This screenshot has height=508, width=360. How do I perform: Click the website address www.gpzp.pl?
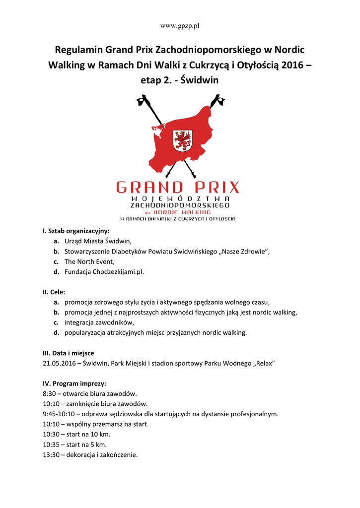(x=180, y=25)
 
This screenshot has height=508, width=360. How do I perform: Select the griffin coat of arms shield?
(x=182, y=140)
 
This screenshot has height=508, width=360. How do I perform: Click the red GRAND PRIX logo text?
(x=178, y=187)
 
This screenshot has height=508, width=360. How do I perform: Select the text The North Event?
(x=89, y=261)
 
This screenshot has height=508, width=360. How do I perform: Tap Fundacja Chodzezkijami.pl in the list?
(x=104, y=272)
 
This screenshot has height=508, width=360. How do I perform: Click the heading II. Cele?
(x=54, y=292)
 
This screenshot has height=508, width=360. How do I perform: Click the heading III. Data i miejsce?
(x=69, y=353)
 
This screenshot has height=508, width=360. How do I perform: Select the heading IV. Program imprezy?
(x=74, y=383)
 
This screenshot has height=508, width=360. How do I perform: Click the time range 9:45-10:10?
(x=59, y=414)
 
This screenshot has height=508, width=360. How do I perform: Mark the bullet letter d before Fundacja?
(x=57, y=272)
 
